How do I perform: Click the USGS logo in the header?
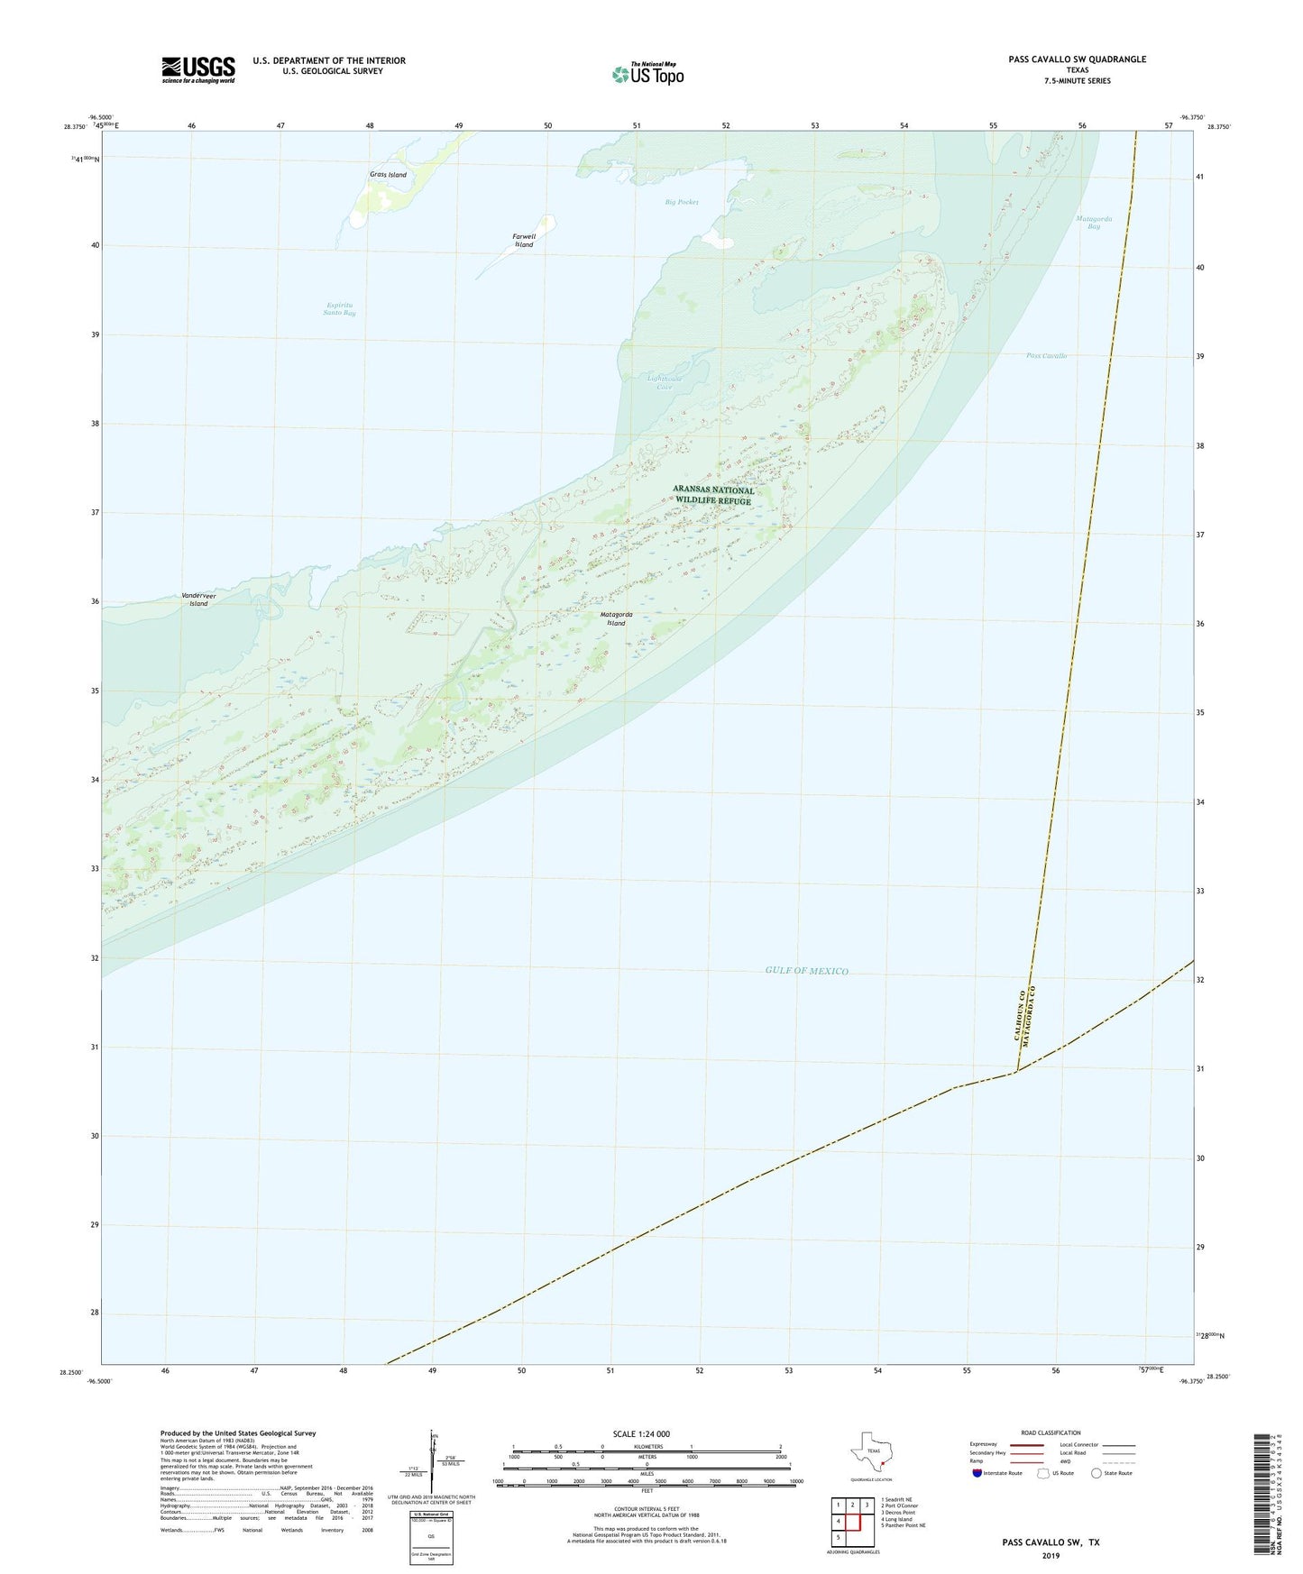pyautogui.click(x=198, y=69)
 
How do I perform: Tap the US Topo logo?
pyautogui.click(x=647, y=73)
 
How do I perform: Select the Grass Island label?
pyautogui.click(x=388, y=175)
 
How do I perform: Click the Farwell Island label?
pyautogui.click(x=524, y=241)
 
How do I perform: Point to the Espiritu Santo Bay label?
pyautogui.click(x=341, y=309)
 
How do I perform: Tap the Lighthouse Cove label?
pyautogui.click(x=665, y=382)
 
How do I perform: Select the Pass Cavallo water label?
pyautogui.click(x=1046, y=356)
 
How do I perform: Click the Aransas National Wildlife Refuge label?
pyautogui.click(x=713, y=495)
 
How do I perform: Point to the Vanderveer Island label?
pyautogui.click(x=198, y=599)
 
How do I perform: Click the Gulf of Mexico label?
pyautogui.click(x=806, y=971)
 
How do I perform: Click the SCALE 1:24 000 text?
pyautogui.click(x=641, y=1434)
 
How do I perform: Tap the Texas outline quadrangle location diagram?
pyautogui.click(x=872, y=1454)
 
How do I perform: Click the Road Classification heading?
pyautogui.click(x=1051, y=1432)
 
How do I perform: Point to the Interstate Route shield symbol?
pyautogui.click(x=977, y=1473)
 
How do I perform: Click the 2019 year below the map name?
pyautogui.click(x=1051, y=1555)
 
